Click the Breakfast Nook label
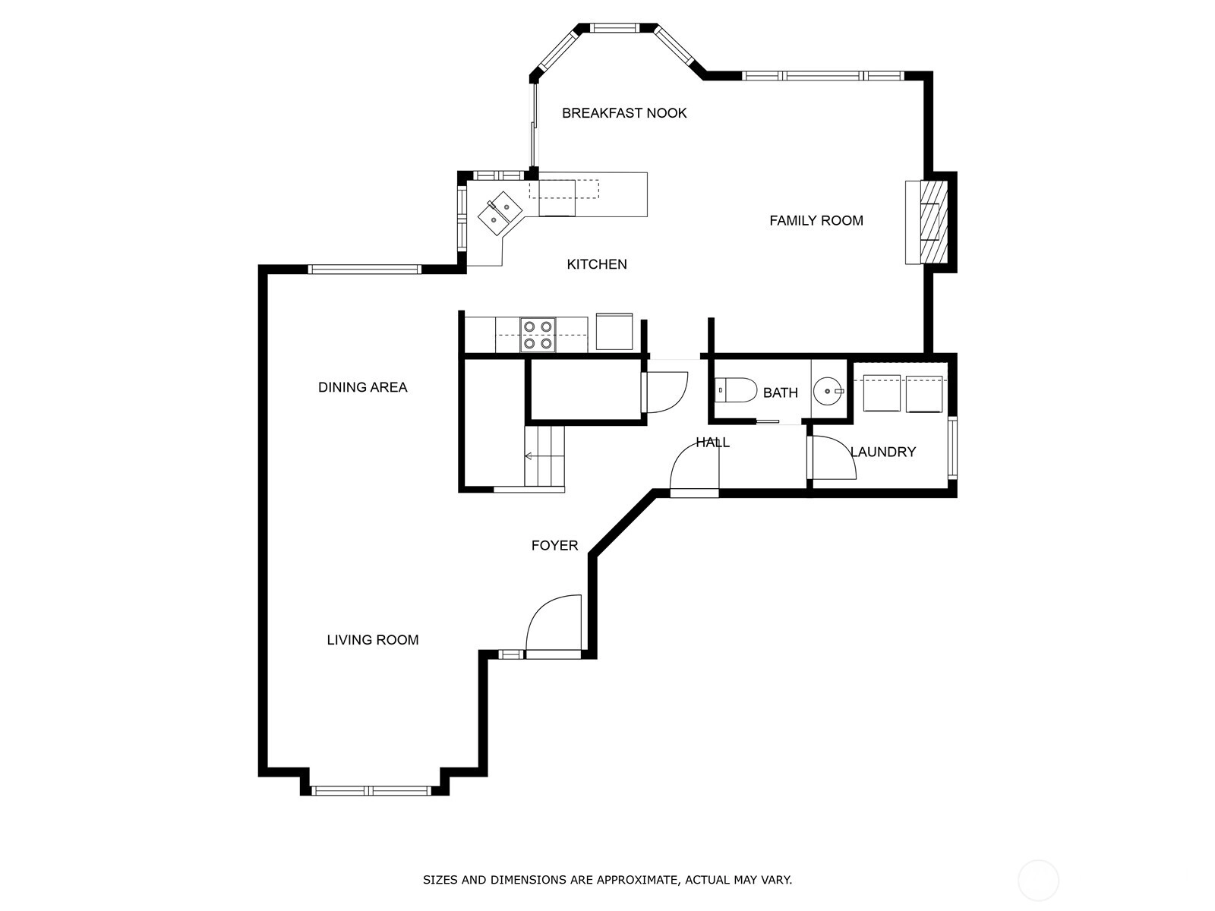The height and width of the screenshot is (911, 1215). pos(624,113)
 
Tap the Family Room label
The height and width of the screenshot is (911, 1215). pos(816,221)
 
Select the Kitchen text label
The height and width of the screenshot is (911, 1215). pos(597,264)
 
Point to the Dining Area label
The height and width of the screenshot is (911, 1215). pos(362,387)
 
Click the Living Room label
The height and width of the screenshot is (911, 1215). pos(373,640)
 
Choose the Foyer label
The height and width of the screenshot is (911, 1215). pos(554,545)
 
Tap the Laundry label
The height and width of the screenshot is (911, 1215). pos(883,452)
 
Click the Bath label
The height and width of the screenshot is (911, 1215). pos(781,392)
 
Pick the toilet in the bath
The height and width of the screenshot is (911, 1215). pos(736,390)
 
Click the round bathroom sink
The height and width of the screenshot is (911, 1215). pos(828,391)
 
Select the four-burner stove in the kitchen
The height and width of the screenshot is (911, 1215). pos(538,335)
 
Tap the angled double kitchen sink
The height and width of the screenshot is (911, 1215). pos(500,213)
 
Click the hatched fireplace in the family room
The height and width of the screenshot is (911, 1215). pos(934,222)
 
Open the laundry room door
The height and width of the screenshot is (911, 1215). pos(834,458)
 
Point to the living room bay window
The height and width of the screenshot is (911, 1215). pos(371,791)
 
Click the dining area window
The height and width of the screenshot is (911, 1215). pos(364,270)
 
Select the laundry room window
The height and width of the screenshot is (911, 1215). pos(952,447)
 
